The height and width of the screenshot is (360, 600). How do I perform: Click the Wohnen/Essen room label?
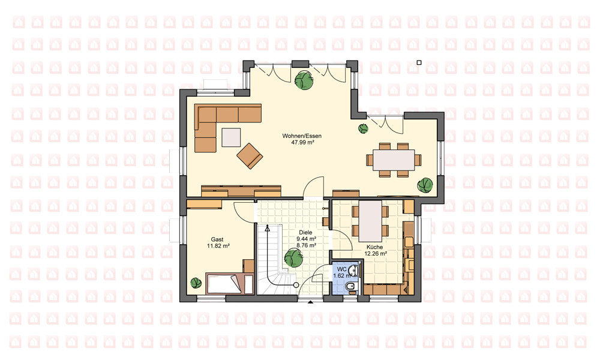point(302,136)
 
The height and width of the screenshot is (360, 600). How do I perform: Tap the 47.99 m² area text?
point(302,142)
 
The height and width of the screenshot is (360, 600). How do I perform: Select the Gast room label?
point(217,239)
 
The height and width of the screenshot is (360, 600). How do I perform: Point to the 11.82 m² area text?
point(218,246)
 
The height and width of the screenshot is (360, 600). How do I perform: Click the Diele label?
point(305,232)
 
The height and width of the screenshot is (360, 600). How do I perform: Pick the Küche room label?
point(374,247)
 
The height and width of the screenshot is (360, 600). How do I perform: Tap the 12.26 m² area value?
point(376,253)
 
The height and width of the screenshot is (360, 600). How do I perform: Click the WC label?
point(342,269)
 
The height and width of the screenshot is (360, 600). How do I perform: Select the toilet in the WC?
point(351,287)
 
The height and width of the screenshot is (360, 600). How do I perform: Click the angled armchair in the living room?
point(250,156)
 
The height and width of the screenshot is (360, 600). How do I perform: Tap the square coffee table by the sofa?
point(231,137)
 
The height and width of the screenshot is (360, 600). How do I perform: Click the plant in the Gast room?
point(196,283)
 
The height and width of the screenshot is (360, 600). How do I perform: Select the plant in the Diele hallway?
point(293,257)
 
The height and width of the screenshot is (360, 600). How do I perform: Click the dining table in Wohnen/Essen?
point(394,160)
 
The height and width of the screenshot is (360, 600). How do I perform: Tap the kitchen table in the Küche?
point(370,221)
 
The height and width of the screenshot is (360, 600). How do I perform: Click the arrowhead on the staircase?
point(267,229)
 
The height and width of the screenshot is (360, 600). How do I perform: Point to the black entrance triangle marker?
point(310,302)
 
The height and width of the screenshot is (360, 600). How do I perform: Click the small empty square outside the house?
point(419,62)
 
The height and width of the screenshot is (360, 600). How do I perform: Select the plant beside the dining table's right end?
point(425,185)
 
